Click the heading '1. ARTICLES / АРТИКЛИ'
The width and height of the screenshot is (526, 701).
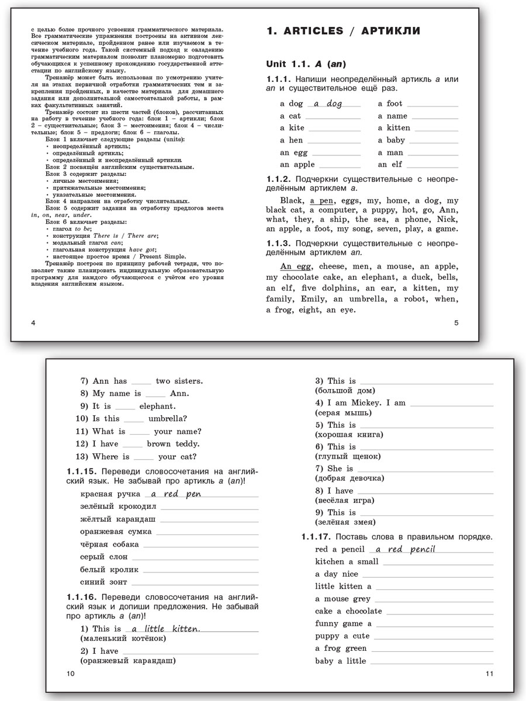pos(343,32)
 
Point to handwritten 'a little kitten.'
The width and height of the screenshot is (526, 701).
pos(166,629)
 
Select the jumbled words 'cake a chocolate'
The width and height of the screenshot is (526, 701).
pos(348,611)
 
